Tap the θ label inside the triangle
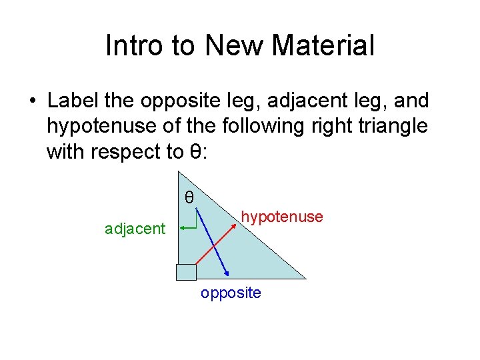coord(189,197)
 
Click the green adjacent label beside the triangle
coord(135,229)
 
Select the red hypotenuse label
coord(282,217)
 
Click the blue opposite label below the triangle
coord(231,293)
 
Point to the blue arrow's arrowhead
coord(229,273)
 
